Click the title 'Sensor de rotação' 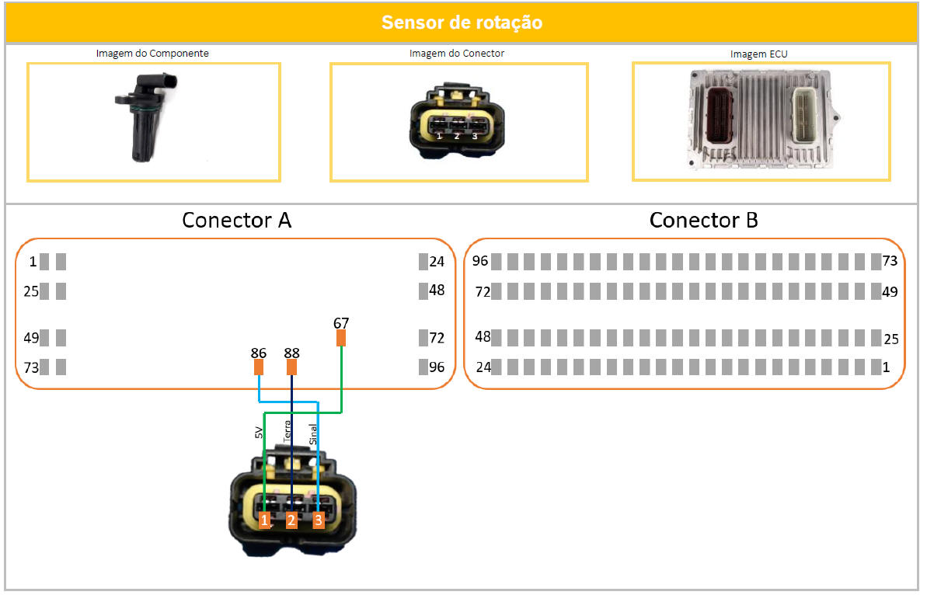tap(462, 23)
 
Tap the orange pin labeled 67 tap(341, 338)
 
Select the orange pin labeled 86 tap(259, 367)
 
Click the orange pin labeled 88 tap(292, 367)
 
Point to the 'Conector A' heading tap(236, 221)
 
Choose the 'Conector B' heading tap(703, 221)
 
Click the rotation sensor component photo tap(146, 117)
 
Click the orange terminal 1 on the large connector tap(265, 520)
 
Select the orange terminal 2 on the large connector tap(291, 520)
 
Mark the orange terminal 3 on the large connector tap(318, 520)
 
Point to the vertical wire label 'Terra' tap(288, 432)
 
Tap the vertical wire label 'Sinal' tap(314, 433)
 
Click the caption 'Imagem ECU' tap(759, 54)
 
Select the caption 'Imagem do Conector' tap(457, 54)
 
